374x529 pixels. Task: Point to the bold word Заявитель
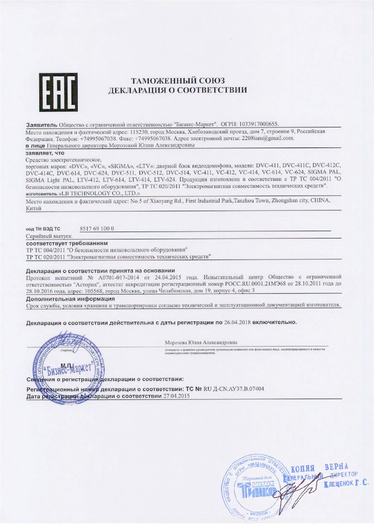[41, 123]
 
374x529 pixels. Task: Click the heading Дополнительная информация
[70, 299]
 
